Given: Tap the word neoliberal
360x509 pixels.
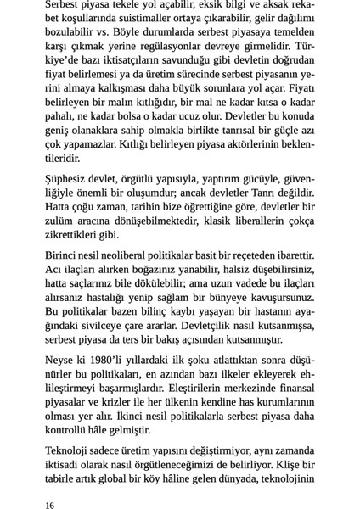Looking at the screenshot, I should click(136, 255).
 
